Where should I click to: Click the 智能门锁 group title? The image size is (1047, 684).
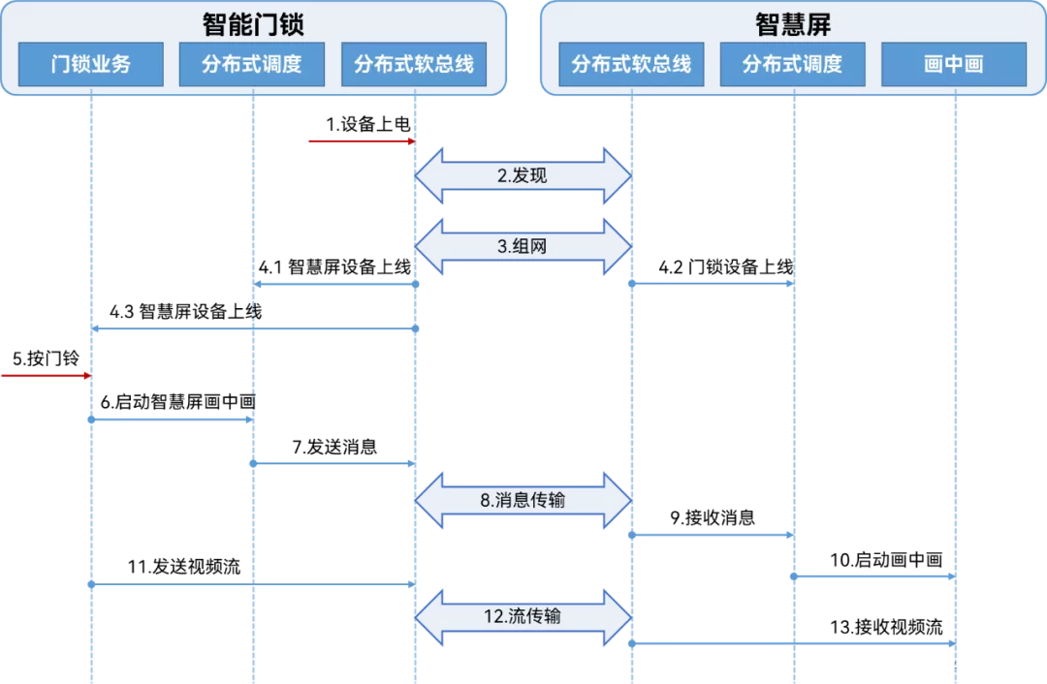pyautogui.click(x=253, y=22)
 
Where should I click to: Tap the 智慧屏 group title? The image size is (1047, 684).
pyautogui.click(x=793, y=22)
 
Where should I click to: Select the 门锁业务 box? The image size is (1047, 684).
pyautogui.click(x=91, y=65)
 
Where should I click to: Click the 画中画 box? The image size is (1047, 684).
pyautogui.click(x=954, y=65)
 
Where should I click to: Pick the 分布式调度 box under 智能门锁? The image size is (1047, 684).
pyautogui.click(x=252, y=65)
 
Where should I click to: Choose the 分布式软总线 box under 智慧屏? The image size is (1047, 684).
pyautogui.click(x=631, y=65)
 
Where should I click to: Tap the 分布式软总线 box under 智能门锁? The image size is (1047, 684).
pyautogui.click(x=414, y=65)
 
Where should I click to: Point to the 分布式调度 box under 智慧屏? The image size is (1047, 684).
pyautogui.click(x=792, y=65)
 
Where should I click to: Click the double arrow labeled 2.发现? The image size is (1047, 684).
pyautogui.click(x=523, y=176)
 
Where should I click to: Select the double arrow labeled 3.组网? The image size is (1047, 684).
pyautogui.click(x=523, y=247)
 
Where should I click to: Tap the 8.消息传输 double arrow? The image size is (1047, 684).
pyautogui.click(x=523, y=501)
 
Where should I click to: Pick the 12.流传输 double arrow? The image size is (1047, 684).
pyautogui.click(x=523, y=617)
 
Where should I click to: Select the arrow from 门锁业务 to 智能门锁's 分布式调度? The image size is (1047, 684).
pyautogui.click(x=172, y=420)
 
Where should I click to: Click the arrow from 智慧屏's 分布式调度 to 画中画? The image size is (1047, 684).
pyautogui.click(x=873, y=576)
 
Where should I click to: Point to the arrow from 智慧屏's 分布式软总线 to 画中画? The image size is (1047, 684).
pyautogui.click(x=793, y=643)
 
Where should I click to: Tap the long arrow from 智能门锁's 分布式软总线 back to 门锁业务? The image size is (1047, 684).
pyautogui.click(x=253, y=329)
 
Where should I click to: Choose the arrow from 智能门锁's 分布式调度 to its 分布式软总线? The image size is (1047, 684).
pyautogui.click(x=333, y=464)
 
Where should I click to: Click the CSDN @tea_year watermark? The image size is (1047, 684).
pyautogui.click(x=960, y=665)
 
